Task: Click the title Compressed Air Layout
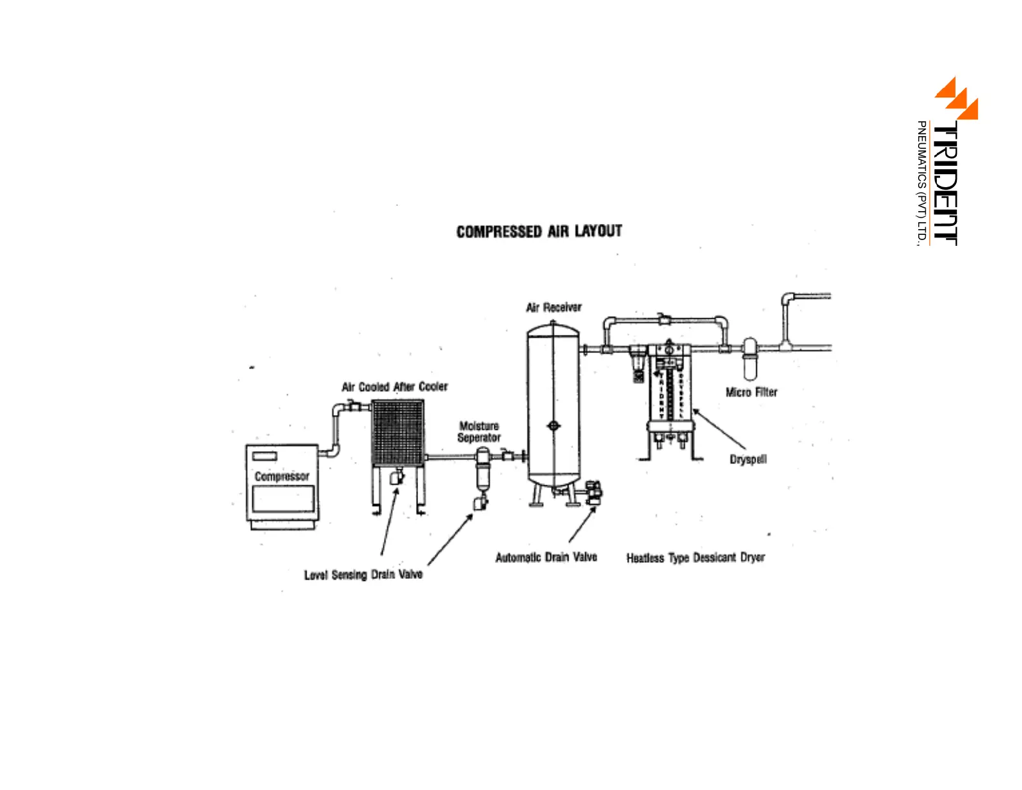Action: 539,231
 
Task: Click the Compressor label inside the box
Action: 282,476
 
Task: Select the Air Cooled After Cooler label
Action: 394,387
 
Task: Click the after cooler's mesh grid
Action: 397,432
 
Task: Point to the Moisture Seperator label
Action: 479,432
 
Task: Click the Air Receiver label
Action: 554,307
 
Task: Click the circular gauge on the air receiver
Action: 553,425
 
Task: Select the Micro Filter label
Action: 751,392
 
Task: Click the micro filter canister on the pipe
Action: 750,360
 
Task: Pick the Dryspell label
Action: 748,460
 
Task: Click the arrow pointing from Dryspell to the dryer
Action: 719,429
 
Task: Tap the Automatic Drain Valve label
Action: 546,557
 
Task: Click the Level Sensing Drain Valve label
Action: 363,574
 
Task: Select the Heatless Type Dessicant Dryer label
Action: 696,558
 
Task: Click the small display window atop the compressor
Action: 265,456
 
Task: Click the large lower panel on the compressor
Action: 283,499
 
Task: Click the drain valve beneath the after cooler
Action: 396,478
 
